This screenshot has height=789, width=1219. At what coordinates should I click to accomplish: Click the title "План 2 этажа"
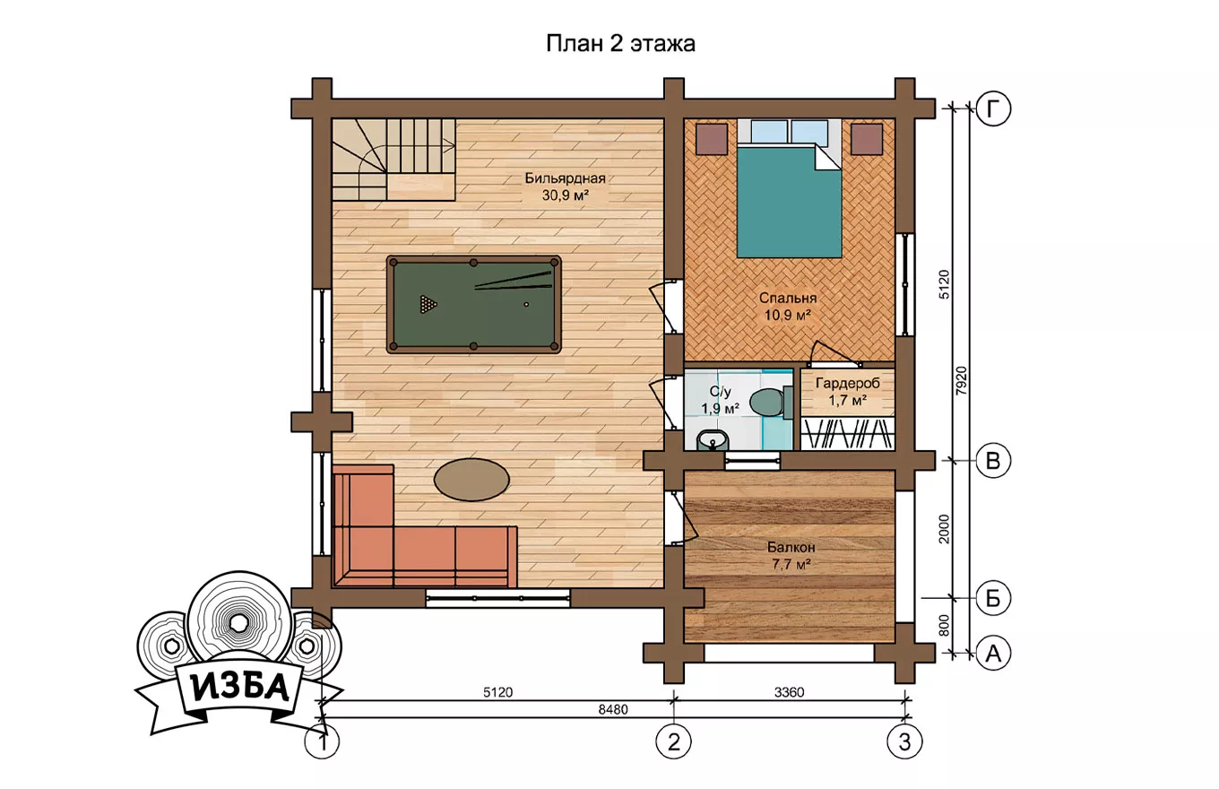[x=620, y=44]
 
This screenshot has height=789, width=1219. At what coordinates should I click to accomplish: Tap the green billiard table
[x=473, y=304]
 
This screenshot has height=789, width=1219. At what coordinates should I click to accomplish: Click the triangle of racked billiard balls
[x=428, y=304]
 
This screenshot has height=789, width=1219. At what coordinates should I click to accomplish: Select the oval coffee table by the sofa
[x=471, y=480]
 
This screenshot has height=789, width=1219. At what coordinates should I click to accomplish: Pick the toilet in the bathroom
[x=770, y=403]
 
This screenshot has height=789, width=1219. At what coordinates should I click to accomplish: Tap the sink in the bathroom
[x=713, y=440]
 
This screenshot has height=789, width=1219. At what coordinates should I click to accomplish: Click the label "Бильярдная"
[x=565, y=178]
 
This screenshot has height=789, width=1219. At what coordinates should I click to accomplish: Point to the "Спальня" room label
[x=788, y=298]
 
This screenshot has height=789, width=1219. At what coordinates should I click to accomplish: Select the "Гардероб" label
[x=847, y=384]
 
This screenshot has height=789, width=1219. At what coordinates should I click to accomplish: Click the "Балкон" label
[x=791, y=547]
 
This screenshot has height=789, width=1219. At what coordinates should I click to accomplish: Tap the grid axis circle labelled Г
[x=993, y=108]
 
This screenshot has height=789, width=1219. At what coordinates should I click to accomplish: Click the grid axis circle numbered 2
[x=674, y=741]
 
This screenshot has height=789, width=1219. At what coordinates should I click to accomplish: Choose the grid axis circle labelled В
[x=993, y=461]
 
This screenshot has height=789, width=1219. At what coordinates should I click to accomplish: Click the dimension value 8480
[x=613, y=709]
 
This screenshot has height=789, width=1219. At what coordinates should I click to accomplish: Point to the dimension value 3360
[x=789, y=692]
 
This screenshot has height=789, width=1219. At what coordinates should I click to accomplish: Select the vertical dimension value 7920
[x=962, y=381]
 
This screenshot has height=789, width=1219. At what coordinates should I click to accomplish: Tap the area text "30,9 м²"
[x=565, y=195]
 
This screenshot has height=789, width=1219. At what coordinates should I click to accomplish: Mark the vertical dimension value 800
[x=944, y=625]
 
